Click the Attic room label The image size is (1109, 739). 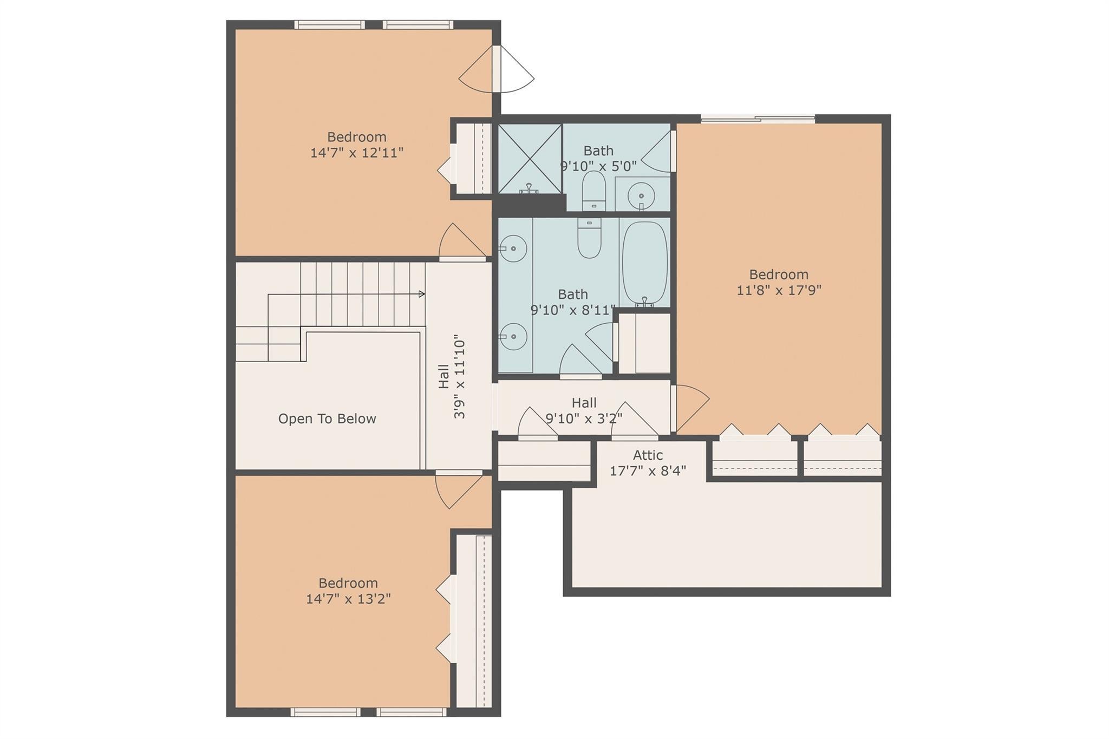[x=648, y=456]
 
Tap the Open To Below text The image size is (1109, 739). [x=327, y=418]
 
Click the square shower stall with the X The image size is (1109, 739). [x=530, y=158]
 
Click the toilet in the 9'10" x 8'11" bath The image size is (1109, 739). [x=589, y=239]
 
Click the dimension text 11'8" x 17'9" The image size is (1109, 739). [x=779, y=290]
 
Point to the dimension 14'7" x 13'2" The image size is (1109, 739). [x=348, y=599]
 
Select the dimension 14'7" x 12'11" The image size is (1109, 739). [x=356, y=153]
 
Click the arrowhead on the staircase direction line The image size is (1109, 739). [x=422, y=294]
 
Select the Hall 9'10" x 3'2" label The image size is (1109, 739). [x=584, y=410]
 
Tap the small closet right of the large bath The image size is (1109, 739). [x=644, y=343]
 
